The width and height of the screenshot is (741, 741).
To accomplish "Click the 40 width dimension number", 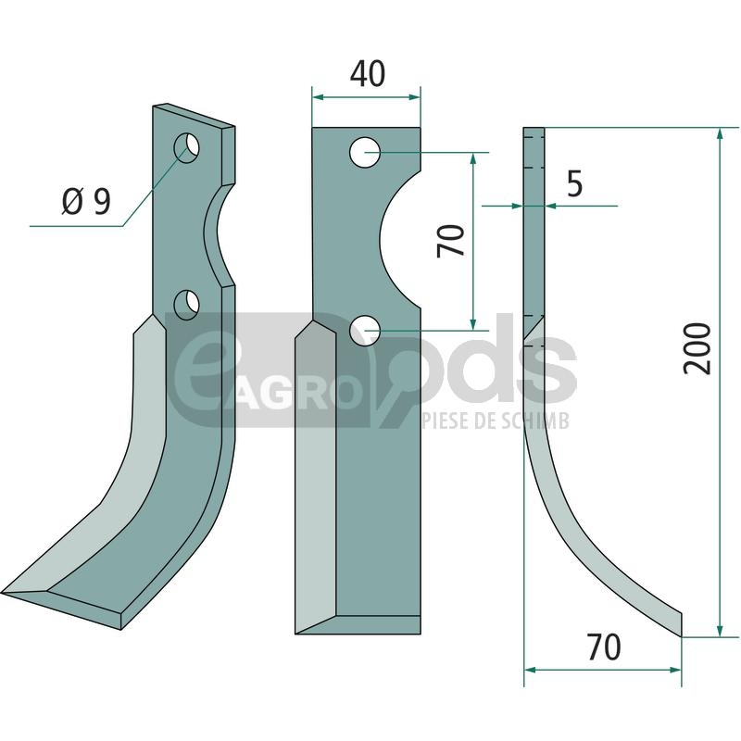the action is [x=368, y=74].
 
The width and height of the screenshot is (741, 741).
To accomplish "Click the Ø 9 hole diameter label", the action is [x=86, y=201].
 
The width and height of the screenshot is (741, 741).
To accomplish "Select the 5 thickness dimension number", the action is [x=574, y=183].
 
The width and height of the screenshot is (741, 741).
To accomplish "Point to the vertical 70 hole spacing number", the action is [x=451, y=241].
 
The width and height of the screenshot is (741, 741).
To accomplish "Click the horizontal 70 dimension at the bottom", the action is [x=604, y=647].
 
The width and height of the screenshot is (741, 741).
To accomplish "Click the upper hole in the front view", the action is [x=365, y=152].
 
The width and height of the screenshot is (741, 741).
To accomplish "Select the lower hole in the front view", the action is [x=365, y=331].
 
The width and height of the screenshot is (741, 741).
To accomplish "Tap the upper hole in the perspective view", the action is [x=187, y=147].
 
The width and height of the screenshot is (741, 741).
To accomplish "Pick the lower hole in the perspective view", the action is [x=187, y=305].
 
